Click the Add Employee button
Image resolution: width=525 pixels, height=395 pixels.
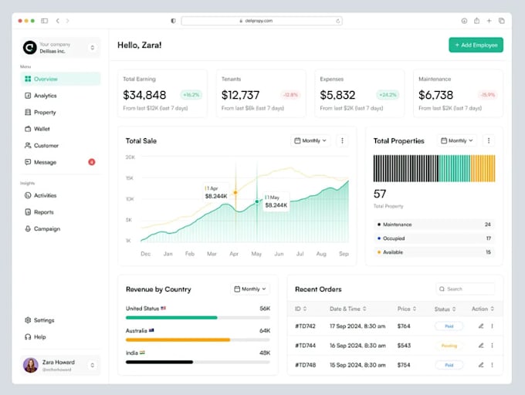click(476, 45)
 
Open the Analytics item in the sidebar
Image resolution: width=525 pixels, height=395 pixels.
click(45, 96)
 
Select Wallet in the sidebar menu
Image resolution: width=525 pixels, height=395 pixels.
click(42, 129)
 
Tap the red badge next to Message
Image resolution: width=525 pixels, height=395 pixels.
click(92, 162)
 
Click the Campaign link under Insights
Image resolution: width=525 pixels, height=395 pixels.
click(46, 229)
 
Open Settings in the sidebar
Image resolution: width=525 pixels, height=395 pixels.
click(44, 320)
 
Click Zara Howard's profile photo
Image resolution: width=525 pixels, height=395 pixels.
click(31, 365)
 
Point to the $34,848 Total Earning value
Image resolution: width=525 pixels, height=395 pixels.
click(144, 95)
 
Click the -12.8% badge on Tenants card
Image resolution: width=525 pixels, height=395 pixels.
click(290, 95)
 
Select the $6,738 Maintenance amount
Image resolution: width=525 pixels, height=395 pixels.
click(435, 95)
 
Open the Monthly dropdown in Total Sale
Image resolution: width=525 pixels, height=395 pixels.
click(310, 140)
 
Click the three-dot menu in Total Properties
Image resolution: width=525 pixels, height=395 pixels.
click(489, 140)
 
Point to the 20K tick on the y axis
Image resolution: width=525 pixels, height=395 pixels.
click(130, 157)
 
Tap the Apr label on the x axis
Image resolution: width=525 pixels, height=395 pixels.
click(234, 254)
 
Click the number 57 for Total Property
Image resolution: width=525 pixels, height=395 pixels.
click(380, 194)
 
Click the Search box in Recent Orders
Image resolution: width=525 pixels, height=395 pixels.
click(465, 289)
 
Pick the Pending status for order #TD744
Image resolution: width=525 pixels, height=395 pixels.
click(449, 346)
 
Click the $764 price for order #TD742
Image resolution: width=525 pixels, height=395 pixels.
click(404, 326)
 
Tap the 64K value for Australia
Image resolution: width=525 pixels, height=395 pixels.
click(265, 331)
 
